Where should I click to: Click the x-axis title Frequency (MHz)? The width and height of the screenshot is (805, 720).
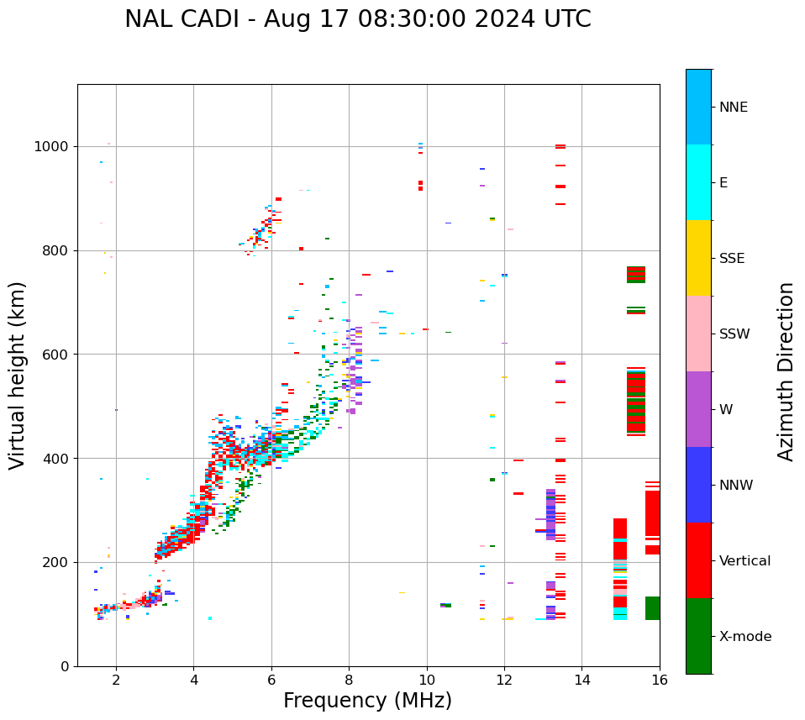click(x=367, y=701)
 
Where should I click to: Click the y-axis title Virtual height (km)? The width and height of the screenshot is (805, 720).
click(x=18, y=376)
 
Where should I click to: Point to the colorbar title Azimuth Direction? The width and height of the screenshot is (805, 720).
click(x=786, y=371)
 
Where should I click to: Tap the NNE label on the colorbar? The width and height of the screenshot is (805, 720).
click(x=733, y=108)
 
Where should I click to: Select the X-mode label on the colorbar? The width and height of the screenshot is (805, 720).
click(x=744, y=637)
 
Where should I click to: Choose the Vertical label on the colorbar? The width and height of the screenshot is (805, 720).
click(x=744, y=561)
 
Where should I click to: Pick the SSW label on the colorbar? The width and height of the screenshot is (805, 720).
click(x=734, y=334)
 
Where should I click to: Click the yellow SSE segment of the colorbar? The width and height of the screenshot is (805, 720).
click(x=698, y=258)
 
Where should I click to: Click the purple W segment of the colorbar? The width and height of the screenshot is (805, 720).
click(x=698, y=409)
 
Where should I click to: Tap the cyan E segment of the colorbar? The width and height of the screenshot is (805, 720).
click(x=698, y=182)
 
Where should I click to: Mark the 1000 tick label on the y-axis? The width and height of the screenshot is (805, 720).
click(x=53, y=147)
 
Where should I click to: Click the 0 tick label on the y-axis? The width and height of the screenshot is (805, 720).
click(x=65, y=666)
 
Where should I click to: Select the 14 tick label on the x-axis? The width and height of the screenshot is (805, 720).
click(x=581, y=680)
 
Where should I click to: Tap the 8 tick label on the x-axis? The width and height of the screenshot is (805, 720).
click(x=349, y=680)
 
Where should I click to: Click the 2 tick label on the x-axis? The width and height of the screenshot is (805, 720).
click(x=116, y=680)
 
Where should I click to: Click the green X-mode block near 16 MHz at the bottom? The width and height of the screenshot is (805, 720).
click(x=652, y=608)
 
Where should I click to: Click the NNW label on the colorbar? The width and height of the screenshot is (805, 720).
click(x=736, y=486)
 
